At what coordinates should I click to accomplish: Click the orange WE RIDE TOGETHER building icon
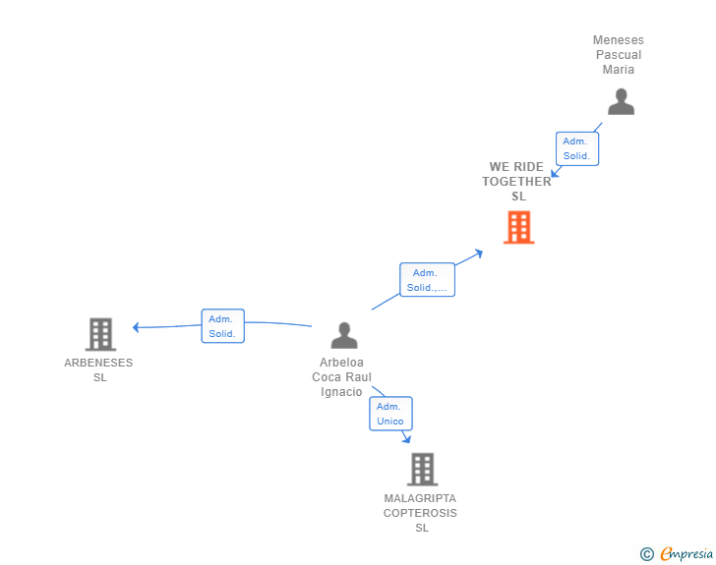coord(518,227)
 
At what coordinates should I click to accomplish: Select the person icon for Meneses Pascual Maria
coord(621,102)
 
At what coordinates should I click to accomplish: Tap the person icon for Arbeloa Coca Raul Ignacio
coord(344,336)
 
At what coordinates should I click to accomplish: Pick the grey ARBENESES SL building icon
coord(100,334)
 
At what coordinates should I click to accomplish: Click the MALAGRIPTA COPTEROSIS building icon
coord(422,469)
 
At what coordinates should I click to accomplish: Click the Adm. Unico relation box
coord(390,414)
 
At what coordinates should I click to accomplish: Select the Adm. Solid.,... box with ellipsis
coord(427,280)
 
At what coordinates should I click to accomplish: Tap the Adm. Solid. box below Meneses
coord(576,148)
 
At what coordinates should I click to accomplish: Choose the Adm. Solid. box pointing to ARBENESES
coord(222,326)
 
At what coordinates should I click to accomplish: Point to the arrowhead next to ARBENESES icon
coord(137,327)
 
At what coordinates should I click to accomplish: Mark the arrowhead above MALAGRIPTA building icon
coord(406,439)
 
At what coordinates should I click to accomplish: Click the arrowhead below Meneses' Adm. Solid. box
coord(556,173)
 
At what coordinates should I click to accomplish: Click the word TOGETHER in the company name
coord(516,182)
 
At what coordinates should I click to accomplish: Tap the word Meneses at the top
coord(618,40)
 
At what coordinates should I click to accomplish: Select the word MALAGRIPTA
coord(420,498)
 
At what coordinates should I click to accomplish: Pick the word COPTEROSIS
coord(420,513)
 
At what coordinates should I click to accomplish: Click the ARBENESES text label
coord(98,363)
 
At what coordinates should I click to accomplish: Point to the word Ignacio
coord(341,392)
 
